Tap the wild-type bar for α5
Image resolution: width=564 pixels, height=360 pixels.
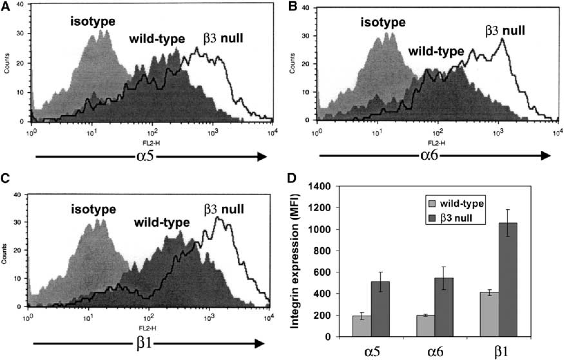pyautogui.click(x=362, y=326)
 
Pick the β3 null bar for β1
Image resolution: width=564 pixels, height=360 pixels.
pyautogui.click(x=508, y=280)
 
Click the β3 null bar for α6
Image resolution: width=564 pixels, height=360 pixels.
pyautogui.click(x=444, y=307)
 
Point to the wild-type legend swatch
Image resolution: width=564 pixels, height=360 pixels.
pyautogui.click(x=432, y=203)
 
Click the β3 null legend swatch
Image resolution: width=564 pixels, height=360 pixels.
pyautogui.click(x=432, y=218)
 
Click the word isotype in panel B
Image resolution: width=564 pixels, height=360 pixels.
pyautogui.click(x=383, y=22)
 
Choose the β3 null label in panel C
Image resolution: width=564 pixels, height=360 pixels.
pyautogui.click(x=223, y=210)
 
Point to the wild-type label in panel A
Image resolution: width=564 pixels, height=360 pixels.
pyautogui.click(x=157, y=39)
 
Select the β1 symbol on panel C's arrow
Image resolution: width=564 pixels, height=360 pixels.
pyautogui.click(x=144, y=344)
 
